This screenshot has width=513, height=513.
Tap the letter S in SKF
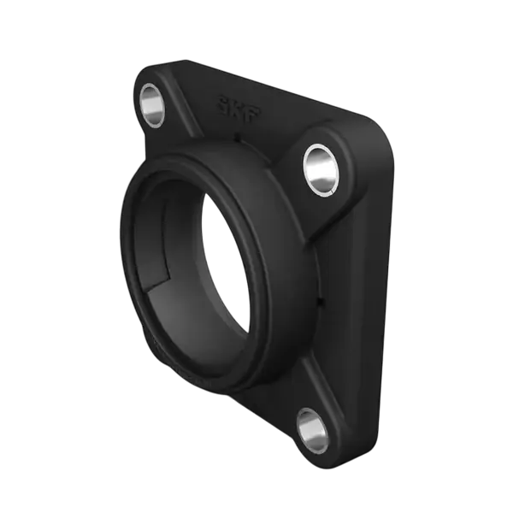click(225, 104)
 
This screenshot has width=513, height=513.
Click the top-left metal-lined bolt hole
click(151, 106)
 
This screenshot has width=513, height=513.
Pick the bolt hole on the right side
click(321, 170)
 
